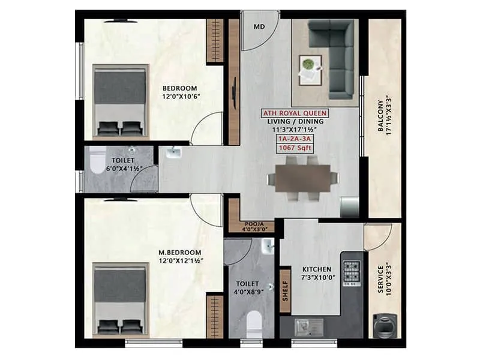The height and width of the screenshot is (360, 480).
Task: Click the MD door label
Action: [259, 26]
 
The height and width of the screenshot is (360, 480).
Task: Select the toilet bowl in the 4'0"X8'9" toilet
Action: [254, 320]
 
